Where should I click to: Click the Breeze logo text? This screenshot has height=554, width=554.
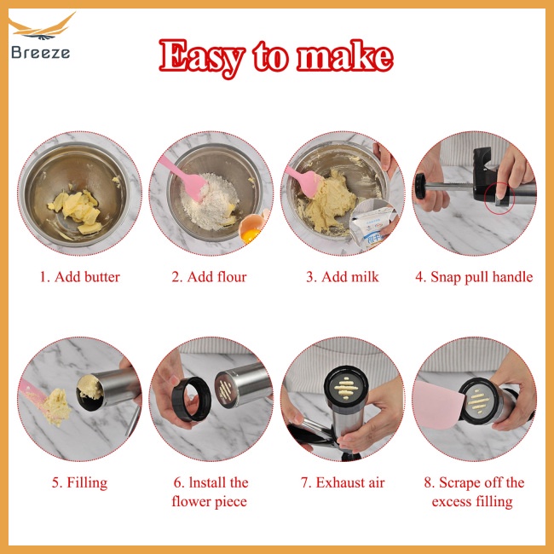(x=41, y=52)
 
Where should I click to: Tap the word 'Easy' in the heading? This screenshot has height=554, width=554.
(x=199, y=56)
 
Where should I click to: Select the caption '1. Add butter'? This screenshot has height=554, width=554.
(x=79, y=277)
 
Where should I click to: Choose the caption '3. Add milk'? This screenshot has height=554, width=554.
(x=343, y=277)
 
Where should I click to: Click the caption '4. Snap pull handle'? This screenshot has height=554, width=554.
(x=474, y=277)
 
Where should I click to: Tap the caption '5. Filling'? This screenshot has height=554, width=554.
(x=79, y=483)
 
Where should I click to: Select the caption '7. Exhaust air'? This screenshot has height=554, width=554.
(x=342, y=483)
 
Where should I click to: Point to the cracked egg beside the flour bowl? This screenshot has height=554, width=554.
(x=254, y=228)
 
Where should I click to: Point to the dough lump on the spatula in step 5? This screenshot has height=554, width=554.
(x=57, y=407)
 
